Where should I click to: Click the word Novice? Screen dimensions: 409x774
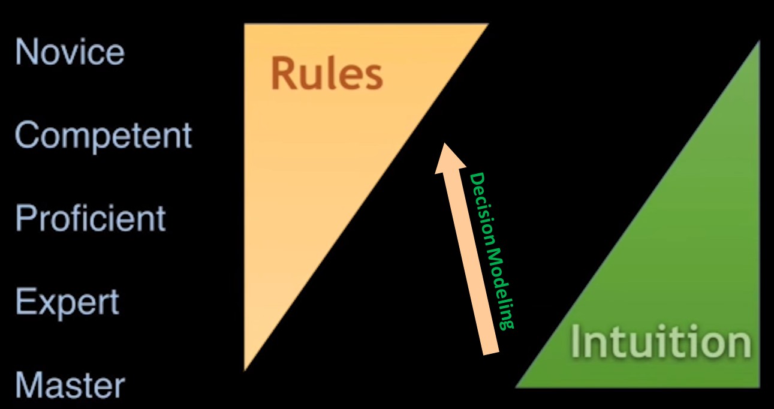[x=70, y=52]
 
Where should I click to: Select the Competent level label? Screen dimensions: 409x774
[x=103, y=136]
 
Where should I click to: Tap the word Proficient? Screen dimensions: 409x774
[x=90, y=218]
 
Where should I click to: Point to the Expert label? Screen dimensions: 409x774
[x=67, y=302]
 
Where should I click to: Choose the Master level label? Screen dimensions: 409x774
[x=70, y=385]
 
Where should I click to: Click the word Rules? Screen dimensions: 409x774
[x=327, y=74]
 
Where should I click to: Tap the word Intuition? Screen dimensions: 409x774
[x=660, y=342]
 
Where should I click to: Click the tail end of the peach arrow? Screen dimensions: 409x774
[x=491, y=351]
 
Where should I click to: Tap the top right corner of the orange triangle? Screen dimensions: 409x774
[x=487, y=25]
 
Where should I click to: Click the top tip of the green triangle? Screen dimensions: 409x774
[x=758, y=43]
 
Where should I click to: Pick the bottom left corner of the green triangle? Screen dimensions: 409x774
[x=517, y=386]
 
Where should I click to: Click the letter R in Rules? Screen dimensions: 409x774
[x=282, y=74]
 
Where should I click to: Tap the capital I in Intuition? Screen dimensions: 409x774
[x=576, y=342]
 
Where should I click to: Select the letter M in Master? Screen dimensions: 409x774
[x=28, y=385]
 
